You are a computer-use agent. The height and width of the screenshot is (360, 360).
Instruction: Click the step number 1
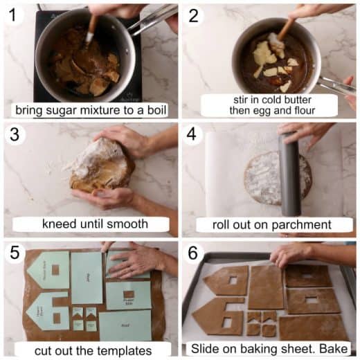tap(12, 15)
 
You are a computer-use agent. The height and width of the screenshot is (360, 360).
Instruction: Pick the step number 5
tap(12, 253)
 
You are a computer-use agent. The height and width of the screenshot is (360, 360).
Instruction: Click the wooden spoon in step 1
tap(91, 28)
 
